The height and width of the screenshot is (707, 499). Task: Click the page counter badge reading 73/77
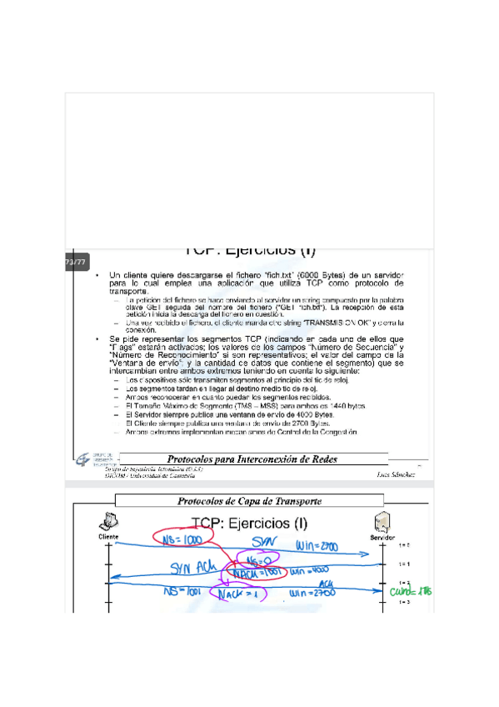(75, 263)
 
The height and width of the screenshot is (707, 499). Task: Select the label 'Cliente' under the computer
(109, 538)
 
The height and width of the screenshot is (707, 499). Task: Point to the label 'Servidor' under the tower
(382, 538)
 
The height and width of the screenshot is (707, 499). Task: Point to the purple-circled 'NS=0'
(253, 561)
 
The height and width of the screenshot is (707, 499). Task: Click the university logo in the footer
(85, 460)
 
